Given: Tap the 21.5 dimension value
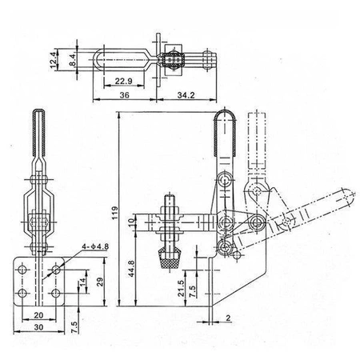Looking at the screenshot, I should pos(181,286).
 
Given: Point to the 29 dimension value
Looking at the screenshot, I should pos(98,282).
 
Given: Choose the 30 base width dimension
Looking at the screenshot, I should pos(38,329).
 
